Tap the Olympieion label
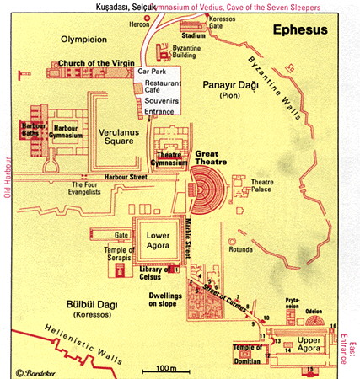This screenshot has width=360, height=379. tap(87, 39)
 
